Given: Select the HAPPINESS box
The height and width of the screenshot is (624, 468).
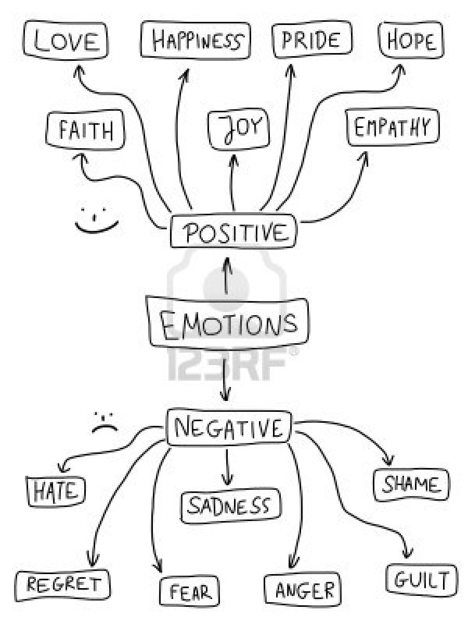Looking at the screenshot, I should (196, 41).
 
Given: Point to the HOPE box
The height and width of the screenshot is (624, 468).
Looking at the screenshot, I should (411, 41).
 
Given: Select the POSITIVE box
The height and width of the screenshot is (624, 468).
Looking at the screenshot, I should (235, 232).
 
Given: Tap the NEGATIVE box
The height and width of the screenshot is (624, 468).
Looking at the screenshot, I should (229, 428).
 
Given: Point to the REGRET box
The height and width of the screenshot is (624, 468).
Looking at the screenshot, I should (63, 584).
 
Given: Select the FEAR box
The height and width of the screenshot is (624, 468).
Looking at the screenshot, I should (189, 591).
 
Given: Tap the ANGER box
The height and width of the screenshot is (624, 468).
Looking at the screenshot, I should (302, 590).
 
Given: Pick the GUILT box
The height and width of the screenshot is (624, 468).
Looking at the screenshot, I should (422, 579).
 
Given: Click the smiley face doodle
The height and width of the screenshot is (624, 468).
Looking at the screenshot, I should (96, 220).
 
